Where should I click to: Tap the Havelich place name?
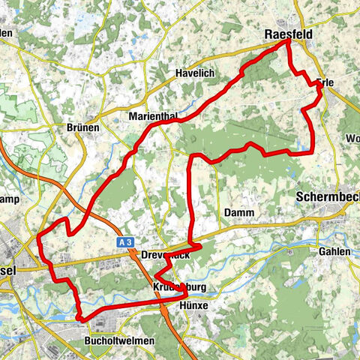(x=195, y=73)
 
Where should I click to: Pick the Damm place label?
(x=238, y=213)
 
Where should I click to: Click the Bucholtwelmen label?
(x=120, y=340)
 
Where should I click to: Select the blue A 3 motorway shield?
(x=126, y=242)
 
